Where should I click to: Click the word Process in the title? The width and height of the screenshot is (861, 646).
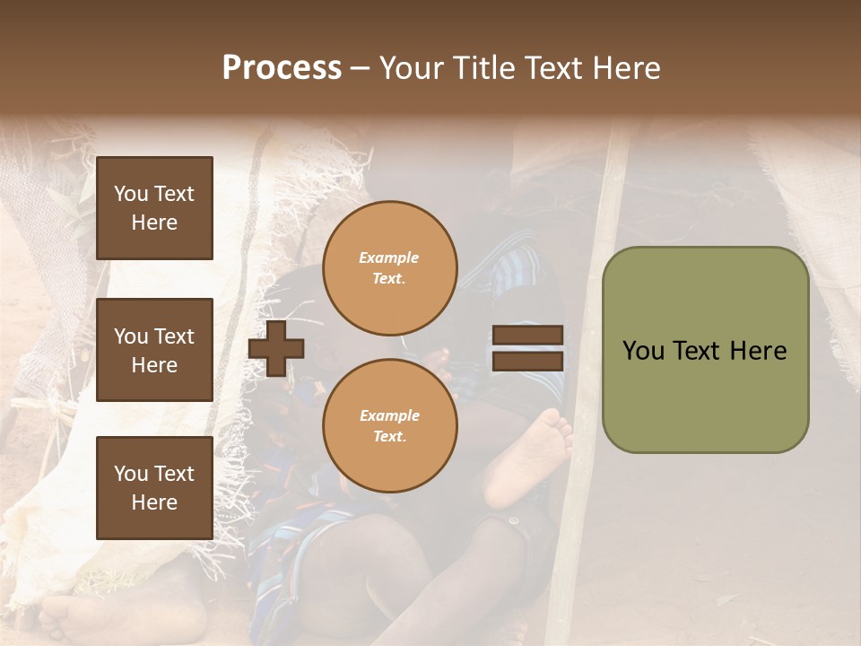coord(282,68)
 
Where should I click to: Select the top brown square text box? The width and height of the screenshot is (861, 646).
coord(154,208)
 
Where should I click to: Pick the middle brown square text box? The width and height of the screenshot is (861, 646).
coord(154,350)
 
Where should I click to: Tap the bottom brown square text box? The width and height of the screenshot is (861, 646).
coord(154,488)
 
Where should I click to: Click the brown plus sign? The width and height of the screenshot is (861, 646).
coord(276,349)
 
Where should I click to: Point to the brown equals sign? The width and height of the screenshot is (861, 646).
coord(527,348)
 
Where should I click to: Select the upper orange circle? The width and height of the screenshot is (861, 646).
coord(389,268)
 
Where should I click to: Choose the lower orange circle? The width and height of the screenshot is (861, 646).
coord(389,426)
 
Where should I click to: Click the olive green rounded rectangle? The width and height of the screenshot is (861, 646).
coord(705,350)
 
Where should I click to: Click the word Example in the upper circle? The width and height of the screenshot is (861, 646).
coord(388,258)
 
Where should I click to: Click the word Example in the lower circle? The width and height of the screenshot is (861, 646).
coord(388,415)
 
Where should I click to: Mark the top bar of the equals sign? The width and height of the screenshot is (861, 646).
coord(527,336)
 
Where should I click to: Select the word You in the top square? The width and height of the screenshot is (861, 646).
coord(130,194)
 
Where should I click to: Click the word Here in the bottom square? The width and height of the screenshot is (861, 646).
coord(154,502)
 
